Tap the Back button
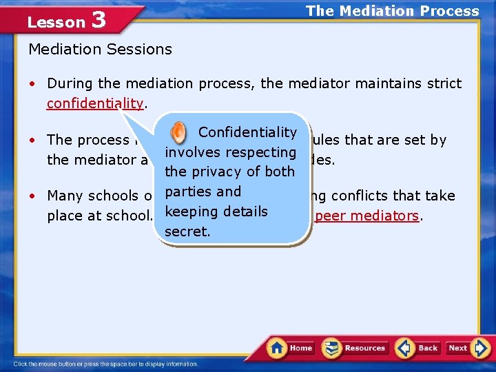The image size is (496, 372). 418,348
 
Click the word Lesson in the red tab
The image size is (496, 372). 56,22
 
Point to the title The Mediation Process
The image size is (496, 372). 392,11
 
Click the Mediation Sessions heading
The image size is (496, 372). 100,49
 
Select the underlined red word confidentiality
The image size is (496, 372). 95,103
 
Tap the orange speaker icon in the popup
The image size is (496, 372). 178,132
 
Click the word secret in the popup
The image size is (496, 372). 187,231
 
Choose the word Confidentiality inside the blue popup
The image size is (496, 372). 247,132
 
